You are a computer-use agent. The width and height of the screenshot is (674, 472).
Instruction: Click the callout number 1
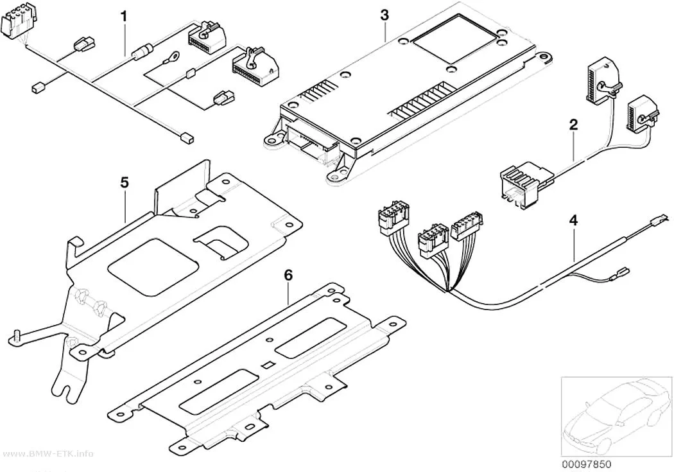coord(124,17)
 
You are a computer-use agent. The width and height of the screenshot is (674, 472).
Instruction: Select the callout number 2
coord(573,125)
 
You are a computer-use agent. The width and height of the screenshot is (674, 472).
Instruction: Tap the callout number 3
coord(385,15)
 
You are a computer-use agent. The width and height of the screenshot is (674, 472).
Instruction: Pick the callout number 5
coord(125,182)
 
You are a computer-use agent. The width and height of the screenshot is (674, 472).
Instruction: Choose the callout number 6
coord(288,275)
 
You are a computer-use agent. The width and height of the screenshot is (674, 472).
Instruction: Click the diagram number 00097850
coord(586,464)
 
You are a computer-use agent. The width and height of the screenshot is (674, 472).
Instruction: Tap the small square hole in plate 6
coord(266,365)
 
